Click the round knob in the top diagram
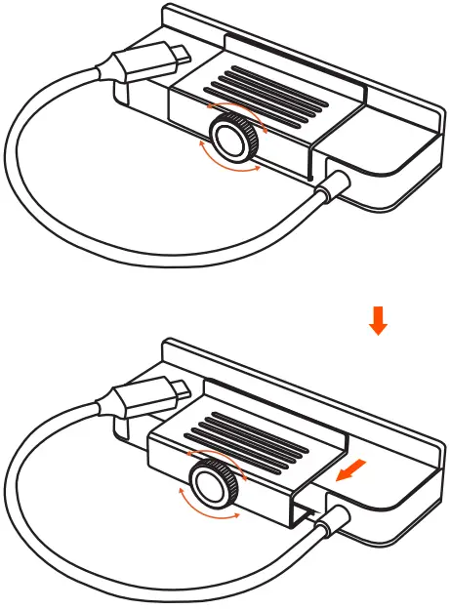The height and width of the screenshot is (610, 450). [233, 139]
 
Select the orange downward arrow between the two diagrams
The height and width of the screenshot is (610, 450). [379, 320]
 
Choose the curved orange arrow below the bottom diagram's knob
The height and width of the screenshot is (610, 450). [208, 513]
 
